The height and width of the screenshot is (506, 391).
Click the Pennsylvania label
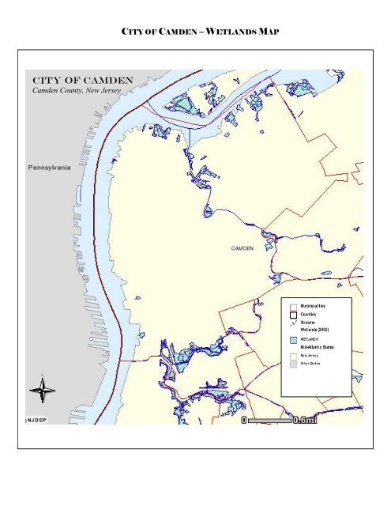50,168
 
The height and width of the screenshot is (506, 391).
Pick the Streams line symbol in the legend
292,324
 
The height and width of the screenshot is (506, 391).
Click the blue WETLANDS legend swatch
292,339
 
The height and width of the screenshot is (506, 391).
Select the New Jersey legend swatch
292,357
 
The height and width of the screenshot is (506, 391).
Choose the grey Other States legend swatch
292,364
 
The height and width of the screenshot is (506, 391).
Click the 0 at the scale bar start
246,421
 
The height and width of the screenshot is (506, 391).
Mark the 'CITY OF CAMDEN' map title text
81,81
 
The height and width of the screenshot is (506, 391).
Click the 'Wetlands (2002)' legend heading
313,330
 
